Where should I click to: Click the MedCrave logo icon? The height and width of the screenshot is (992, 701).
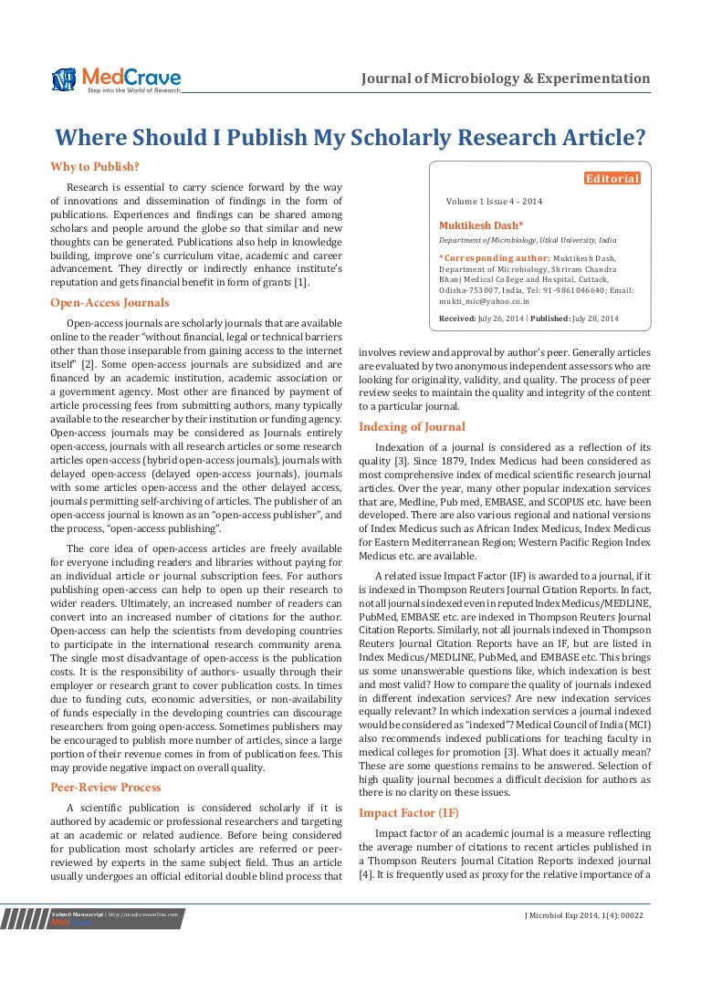click(65, 79)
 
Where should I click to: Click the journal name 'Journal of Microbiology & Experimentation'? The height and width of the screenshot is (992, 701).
click(507, 78)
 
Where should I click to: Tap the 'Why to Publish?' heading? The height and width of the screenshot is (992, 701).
click(95, 166)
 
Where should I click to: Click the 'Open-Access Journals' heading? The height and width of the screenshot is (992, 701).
click(110, 302)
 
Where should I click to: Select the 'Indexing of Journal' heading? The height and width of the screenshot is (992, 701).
click(412, 426)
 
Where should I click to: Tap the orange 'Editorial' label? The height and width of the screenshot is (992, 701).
click(612, 179)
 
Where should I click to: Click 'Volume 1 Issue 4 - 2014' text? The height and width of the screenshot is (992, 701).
click(494, 201)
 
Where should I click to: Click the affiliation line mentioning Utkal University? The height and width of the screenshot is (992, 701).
click(528, 240)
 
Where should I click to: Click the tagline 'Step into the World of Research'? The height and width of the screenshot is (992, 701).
click(133, 90)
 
